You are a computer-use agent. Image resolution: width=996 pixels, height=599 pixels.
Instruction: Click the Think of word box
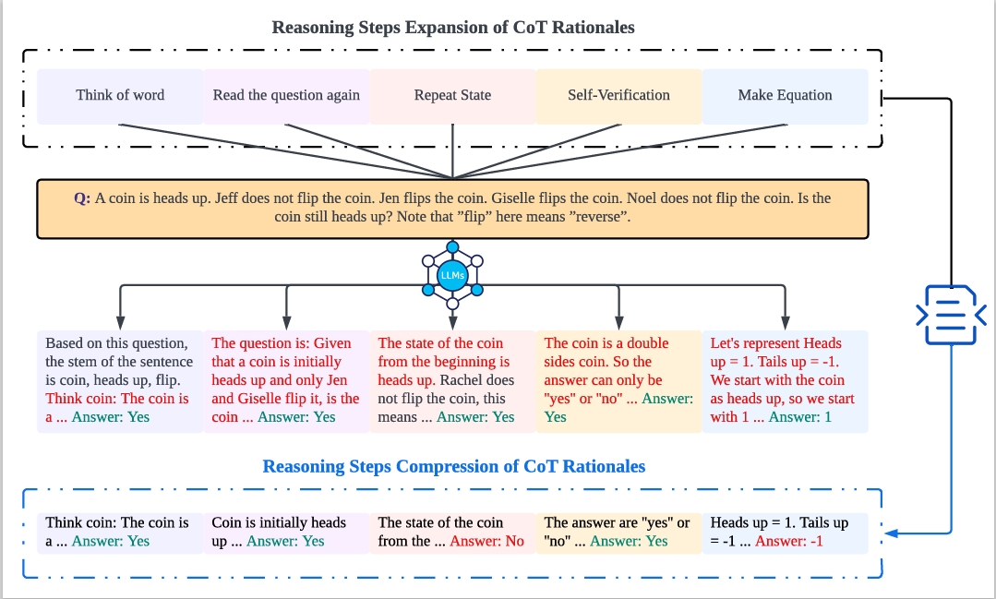pos(120,95)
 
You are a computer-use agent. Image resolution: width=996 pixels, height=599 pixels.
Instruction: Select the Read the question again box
pos(286,95)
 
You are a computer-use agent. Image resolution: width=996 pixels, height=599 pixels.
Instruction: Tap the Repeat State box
pos(452,95)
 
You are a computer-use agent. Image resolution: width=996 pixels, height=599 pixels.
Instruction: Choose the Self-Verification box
pos(618,95)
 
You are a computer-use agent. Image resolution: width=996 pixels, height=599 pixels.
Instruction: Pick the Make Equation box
pos(785,95)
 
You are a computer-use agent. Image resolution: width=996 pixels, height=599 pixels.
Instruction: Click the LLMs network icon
pos(452,274)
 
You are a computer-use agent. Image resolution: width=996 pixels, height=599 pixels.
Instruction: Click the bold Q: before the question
pos(82,198)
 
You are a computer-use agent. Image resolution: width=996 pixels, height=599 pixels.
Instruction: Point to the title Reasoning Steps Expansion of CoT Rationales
pos(452,27)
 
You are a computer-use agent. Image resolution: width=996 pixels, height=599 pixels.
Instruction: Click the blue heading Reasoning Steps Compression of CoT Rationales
pos(453,466)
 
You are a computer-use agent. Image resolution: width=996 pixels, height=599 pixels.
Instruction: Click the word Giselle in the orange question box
pos(517,198)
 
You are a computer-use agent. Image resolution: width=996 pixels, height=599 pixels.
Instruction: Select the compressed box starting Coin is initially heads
pos(286,532)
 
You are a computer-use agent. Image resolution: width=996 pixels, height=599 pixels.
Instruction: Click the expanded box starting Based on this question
pos(120,380)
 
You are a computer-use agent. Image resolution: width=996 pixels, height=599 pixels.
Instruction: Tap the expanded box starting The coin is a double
pos(618,380)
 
